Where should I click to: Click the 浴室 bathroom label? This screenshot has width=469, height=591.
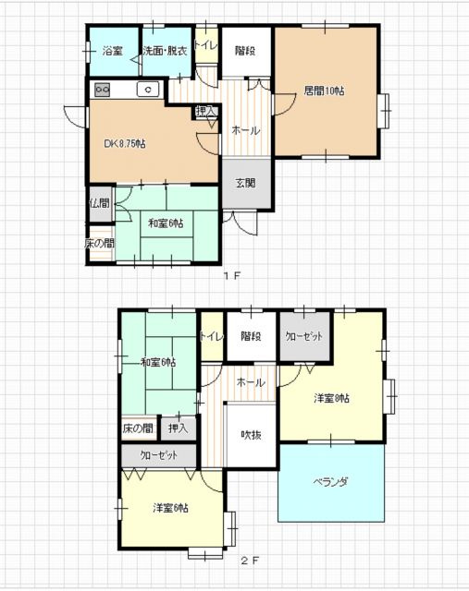[113, 51]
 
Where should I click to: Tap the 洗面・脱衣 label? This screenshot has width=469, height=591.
[165, 51]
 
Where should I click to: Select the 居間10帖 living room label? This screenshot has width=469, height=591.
[325, 90]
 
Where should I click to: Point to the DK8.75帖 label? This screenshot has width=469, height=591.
[125, 144]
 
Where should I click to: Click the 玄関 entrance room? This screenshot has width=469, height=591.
[246, 184]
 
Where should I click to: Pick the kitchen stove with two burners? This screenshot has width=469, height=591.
[102, 90]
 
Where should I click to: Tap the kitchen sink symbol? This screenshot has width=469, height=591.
[148, 90]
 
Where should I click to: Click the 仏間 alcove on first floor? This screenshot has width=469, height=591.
[101, 204]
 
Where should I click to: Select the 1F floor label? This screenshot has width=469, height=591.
[232, 275]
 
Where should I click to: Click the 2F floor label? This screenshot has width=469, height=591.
[250, 561]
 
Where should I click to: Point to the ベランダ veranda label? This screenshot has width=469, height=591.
[330, 482]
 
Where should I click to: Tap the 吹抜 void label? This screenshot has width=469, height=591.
[251, 435]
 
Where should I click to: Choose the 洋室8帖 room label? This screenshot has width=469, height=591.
[331, 398]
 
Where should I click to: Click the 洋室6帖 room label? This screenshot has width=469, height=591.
[171, 508]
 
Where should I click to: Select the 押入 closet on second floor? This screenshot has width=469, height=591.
[179, 428]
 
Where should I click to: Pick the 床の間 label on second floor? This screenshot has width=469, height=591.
[138, 428]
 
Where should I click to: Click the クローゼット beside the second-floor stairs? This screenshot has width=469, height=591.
[304, 336]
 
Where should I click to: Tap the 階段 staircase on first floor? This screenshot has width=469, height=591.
[246, 52]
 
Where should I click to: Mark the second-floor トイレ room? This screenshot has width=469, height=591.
[212, 336]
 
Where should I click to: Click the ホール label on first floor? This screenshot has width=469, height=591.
[246, 130]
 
